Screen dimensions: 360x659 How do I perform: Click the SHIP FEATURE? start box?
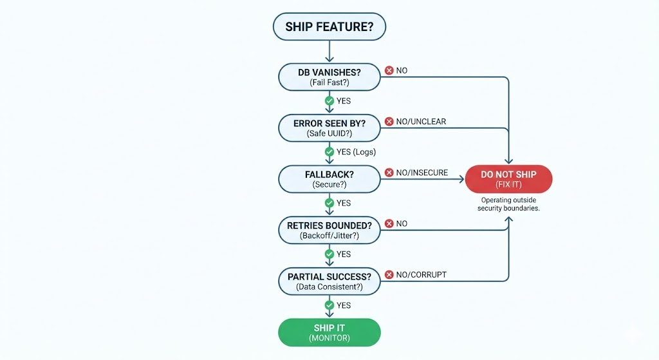tap(329, 27)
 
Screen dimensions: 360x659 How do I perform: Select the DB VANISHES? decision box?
tap(329, 77)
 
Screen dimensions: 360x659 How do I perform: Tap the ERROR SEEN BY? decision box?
tap(329, 128)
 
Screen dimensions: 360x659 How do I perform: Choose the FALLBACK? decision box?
tap(329, 178)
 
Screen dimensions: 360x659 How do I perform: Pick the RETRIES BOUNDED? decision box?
tap(329, 230)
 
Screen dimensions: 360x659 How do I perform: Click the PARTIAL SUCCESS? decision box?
tap(329, 281)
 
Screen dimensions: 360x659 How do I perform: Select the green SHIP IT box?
tap(329, 332)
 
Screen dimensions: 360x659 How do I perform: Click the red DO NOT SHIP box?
tap(508, 179)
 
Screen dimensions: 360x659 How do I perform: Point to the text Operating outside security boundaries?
tap(508, 204)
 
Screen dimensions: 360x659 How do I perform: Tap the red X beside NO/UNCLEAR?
tap(389, 122)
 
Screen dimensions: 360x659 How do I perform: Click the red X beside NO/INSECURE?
tap(389, 173)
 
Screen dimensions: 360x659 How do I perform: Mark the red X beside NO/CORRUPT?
tap(389, 275)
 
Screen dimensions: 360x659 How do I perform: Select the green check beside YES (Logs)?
tap(329, 152)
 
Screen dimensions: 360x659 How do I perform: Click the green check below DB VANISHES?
tap(329, 101)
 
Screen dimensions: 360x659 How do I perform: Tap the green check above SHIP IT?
tap(329, 305)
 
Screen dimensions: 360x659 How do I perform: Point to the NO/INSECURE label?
tap(422, 173)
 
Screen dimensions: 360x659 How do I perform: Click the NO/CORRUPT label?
tap(421, 275)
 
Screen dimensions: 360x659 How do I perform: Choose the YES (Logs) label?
tap(356, 152)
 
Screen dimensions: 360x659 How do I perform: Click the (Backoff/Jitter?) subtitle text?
tap(329, 236)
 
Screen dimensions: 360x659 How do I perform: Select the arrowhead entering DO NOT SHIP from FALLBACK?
tap(461, 179)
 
